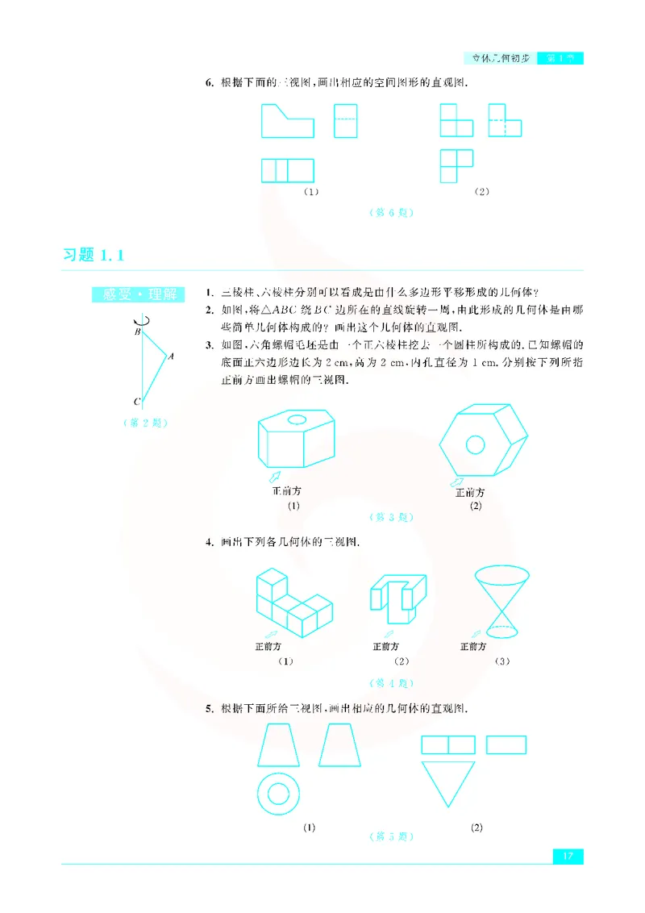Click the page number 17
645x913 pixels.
(x=568, y=855)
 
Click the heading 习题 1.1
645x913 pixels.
(x=95, y=256)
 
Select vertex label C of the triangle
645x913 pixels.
(x=137, y=401)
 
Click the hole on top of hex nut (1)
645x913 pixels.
(x=297, y=419)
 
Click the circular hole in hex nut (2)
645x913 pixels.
(x=476, y=445)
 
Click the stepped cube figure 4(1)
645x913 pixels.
(x=292, y=605)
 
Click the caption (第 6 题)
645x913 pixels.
(x=391, y=213)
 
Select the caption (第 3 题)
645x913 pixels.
(x=391, y=517)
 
